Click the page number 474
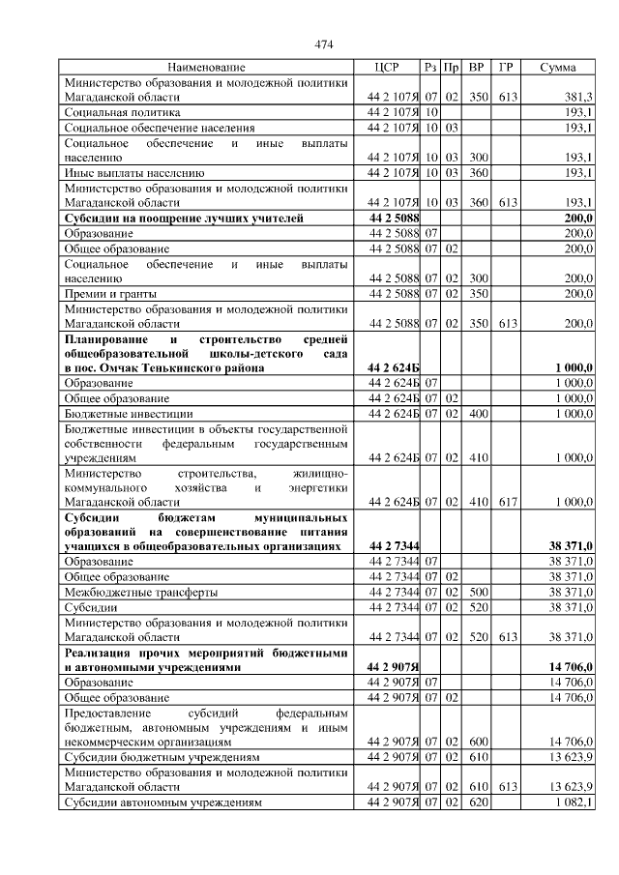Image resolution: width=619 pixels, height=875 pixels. pyautogui.click(x=324, y=44)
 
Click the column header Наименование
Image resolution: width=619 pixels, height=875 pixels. pyautogui.click(x=206, y=68)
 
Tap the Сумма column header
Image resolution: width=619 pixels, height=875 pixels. pyautogui.click(x=558, y=68)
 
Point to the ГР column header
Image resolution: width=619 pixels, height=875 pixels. pyautogui.click(x=506, y=68)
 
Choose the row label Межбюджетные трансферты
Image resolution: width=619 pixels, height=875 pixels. pyautogui.click(x=140, y=592)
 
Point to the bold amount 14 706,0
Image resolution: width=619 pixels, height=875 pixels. pyautogui.click(x=570, y=667)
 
